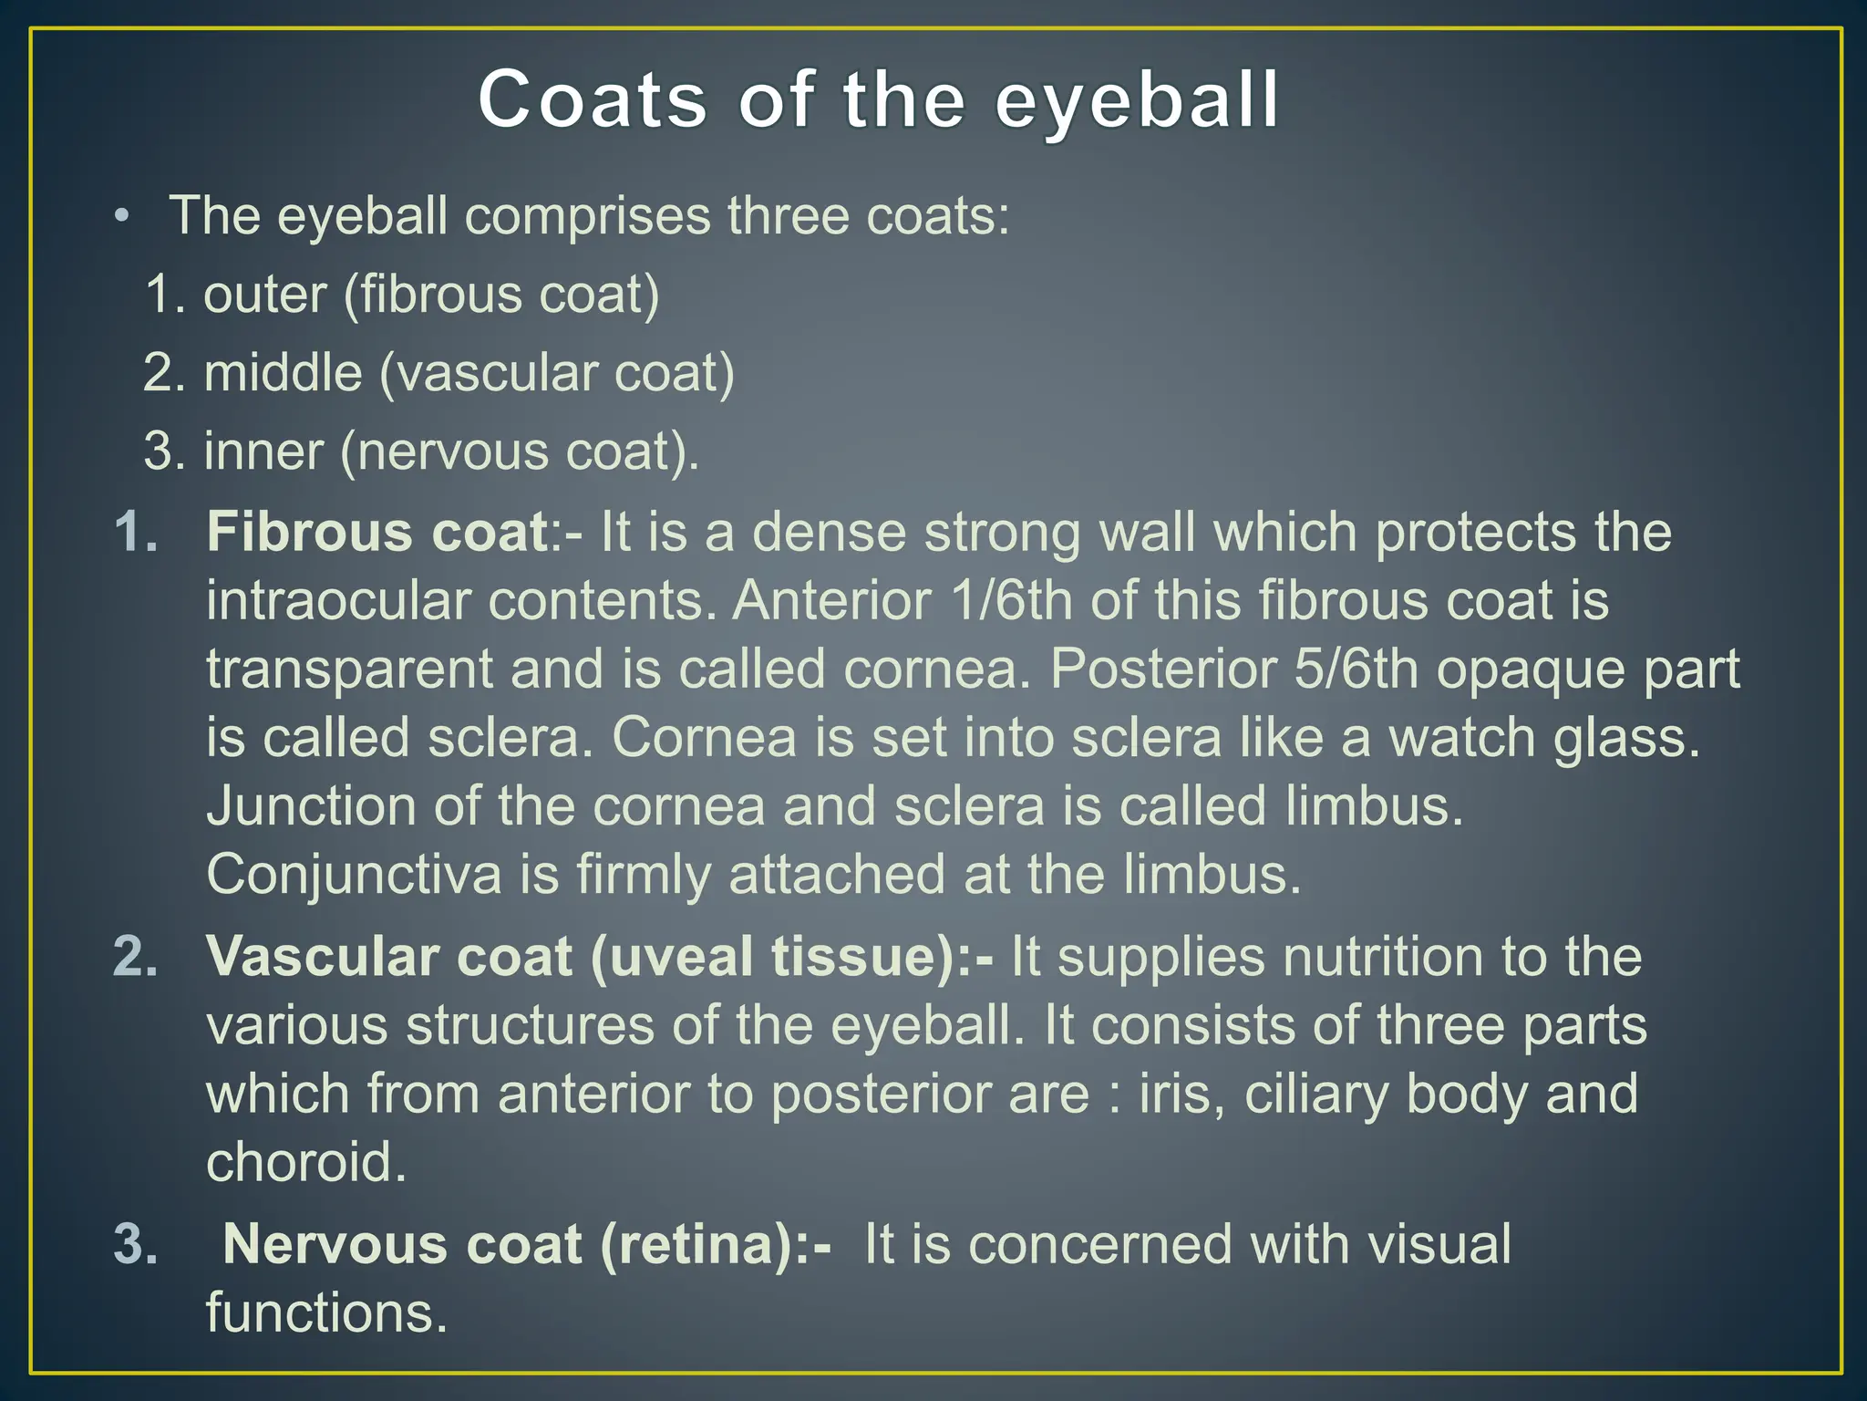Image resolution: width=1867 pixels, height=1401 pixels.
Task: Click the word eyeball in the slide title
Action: pyautogui.click(x=1137, y=102)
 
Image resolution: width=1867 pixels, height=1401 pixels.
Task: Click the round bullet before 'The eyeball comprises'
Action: pyautogui.click(x=122, y=217)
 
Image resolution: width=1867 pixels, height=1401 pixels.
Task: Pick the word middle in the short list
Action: pyautogui.click(x=283, y=373)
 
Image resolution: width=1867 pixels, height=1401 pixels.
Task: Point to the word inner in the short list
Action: pyautogui.click(x=263, y=451)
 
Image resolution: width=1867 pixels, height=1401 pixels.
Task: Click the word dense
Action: pyautogui.click(x=829, y=532)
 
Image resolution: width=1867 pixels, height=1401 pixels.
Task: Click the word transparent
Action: pyautogui.click(x=349, y=669)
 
